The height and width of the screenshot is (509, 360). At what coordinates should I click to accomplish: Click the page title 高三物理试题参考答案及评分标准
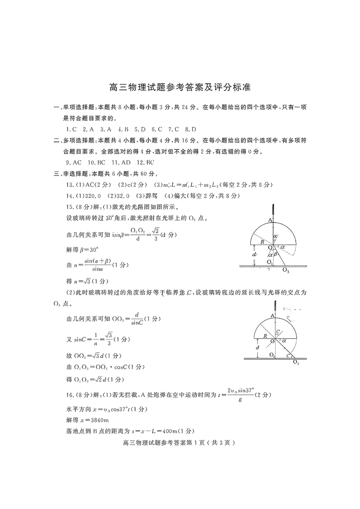pyautogui.click(x=180, y=87)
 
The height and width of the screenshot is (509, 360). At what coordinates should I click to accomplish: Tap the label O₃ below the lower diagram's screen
pyautogui.click(x=296, y=362)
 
